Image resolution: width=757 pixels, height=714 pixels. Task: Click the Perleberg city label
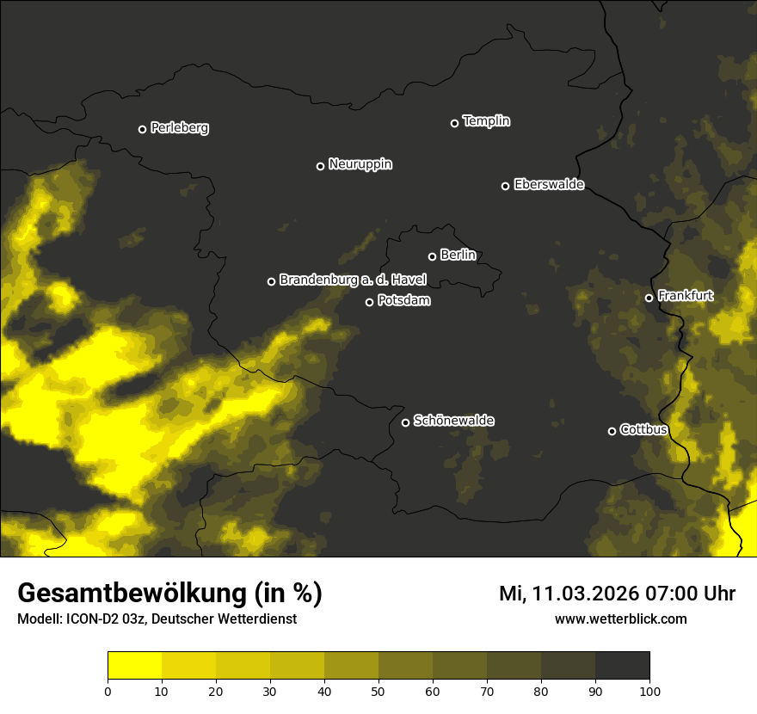[179, 128]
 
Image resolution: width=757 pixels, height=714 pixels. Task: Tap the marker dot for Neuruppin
[320, 166]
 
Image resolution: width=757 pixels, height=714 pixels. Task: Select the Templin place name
[486, 121]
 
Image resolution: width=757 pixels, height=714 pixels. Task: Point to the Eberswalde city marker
[505, 186]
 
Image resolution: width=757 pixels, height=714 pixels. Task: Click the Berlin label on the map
[458, 255]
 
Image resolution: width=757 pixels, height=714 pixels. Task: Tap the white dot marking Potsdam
[369, 302]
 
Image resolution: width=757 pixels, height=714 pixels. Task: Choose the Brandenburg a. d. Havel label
[353, 280]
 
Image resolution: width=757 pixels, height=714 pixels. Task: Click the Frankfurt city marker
[649, 298]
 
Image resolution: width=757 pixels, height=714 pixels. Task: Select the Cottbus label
[643, 429]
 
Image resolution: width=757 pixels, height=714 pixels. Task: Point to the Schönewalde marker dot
[405, 422]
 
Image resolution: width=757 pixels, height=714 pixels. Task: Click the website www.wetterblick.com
[620, 619]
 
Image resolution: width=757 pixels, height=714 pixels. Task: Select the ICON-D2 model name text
[93, 619]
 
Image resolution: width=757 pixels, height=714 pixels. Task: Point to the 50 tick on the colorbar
[378, 690]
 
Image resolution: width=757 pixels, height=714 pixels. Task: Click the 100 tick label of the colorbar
[649, 690]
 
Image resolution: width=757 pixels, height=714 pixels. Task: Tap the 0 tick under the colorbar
[108, 690]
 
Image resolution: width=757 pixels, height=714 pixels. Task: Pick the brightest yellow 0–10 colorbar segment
[134, 666]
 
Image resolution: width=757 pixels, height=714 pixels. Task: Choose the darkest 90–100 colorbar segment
[622, 666]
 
